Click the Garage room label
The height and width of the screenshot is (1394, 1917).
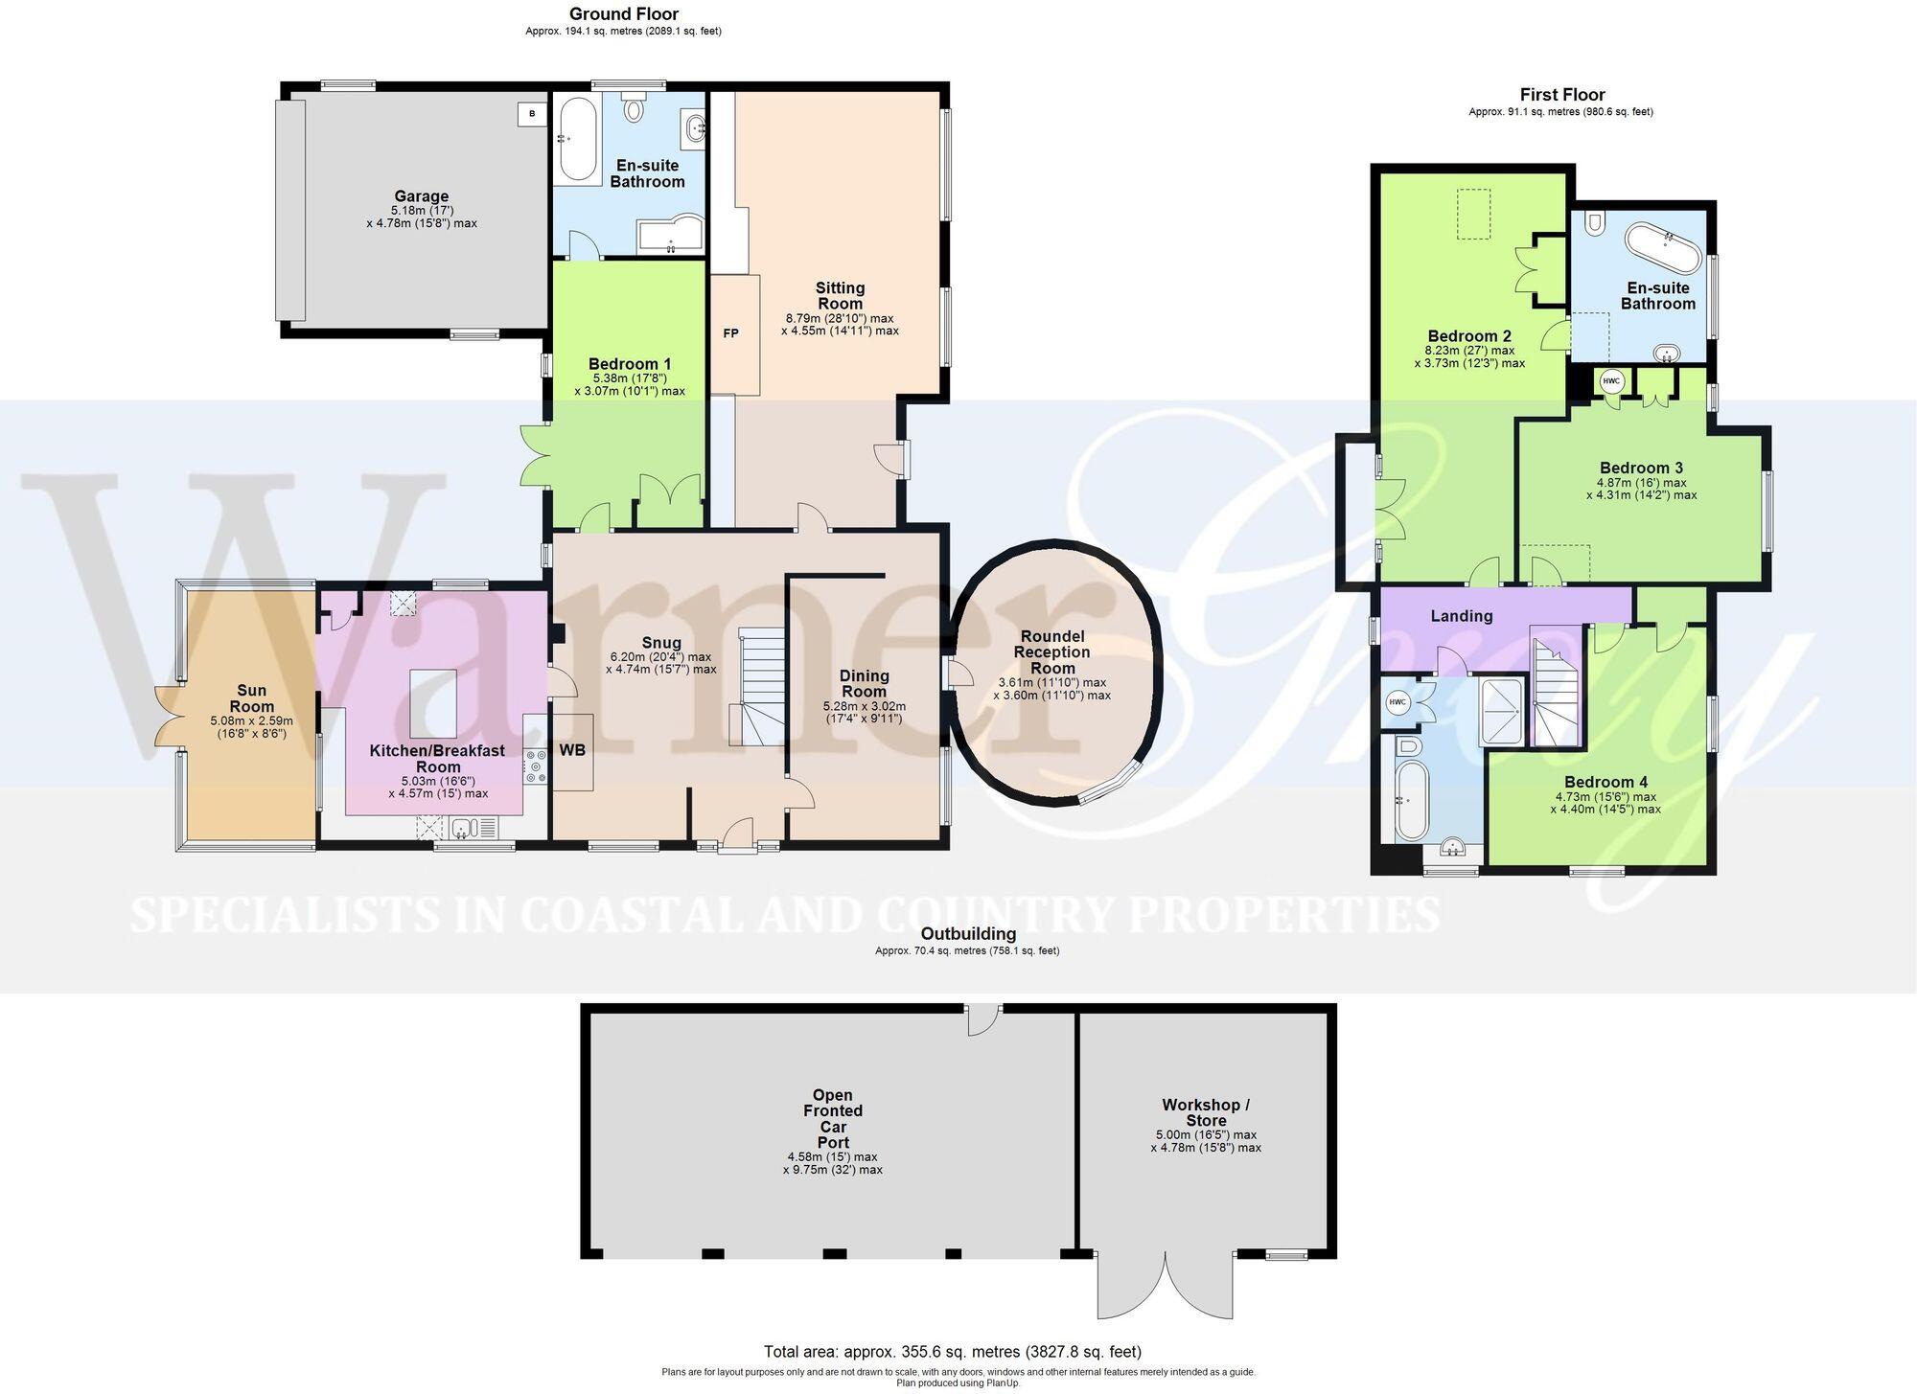(x=421, y=196)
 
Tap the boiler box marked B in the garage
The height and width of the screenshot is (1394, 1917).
(x=531, y=114)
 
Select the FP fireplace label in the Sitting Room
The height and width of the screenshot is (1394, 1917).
(x=731, y=333)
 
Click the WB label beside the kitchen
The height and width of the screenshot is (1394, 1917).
(x=572, y=750)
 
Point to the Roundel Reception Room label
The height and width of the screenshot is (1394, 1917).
(x=1052, y=652)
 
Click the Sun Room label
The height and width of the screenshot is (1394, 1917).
(x=251, y=698)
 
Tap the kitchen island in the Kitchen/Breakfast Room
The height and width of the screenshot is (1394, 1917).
(x=434, y=703)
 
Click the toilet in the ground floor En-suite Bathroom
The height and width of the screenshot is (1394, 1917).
(x=634, y=107)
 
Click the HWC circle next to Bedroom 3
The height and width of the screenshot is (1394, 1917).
(x=1611, y=381)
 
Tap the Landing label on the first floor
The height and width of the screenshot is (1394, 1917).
(x=1462, y=616)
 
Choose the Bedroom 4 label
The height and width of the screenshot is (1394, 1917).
(x=1605, y=782)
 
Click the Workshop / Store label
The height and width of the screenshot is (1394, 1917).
(x=1206, y=1112)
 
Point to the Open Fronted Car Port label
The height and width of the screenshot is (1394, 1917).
(x=833, y=1119)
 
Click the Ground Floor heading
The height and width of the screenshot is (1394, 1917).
(x=624, y=13)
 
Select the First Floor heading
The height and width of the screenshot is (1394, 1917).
(x=1562, y=94)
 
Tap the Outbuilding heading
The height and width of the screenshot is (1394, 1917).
(x=968, y=933)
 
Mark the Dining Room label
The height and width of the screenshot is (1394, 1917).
(x=864, y=684)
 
